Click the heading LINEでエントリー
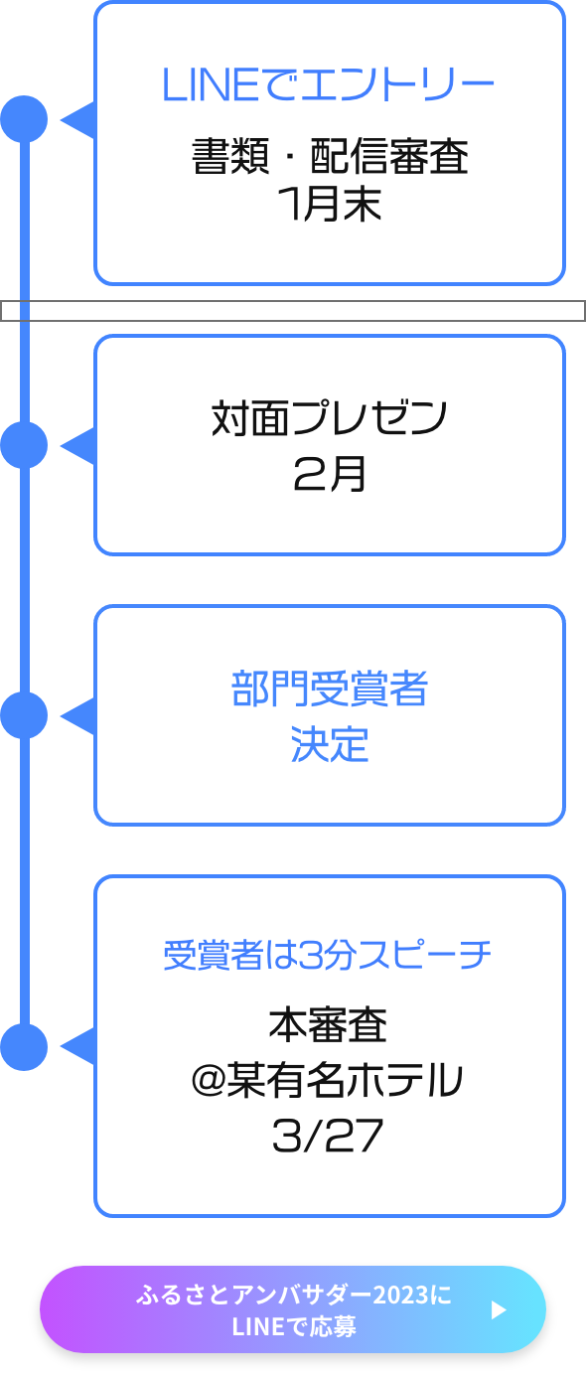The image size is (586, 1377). pos(328,84)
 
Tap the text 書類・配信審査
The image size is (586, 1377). pos(330,156)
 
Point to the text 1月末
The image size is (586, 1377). pos(330,204)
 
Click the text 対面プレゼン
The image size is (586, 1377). pos(329,418)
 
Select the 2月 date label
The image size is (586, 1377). pos(330,474)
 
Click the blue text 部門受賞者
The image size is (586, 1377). pos(330,688)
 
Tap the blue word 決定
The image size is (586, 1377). pos(330,744)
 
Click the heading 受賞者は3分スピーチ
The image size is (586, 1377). pos(328,956)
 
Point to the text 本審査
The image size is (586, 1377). pos(328,1024)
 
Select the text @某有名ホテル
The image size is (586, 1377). pos(328,1080)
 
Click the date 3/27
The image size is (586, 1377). pos(328,1136)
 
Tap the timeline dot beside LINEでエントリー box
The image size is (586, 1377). pos(24,118)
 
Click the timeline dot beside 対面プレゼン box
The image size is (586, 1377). pos(24,445)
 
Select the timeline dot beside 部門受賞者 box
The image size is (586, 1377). pos(24,715)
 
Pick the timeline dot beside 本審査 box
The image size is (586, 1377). pos(24,1047)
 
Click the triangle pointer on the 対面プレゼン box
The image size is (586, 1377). pos(79,446)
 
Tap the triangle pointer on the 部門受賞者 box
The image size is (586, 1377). pos(79,716)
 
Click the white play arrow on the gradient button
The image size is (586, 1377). pos(499,1310)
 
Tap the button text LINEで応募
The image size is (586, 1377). pos(294,1327)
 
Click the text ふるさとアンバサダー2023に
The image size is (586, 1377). pos(294,1295)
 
